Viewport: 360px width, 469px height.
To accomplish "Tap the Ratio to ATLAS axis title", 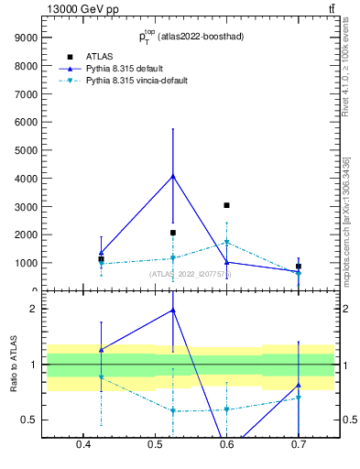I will [15, 365].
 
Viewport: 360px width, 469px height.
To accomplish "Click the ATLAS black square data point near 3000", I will [226, 205].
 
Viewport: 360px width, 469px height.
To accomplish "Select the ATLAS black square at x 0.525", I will [173, 233].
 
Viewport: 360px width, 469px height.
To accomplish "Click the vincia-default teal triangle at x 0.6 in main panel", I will [226, 243].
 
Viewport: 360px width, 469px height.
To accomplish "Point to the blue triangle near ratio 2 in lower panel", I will [173, 310].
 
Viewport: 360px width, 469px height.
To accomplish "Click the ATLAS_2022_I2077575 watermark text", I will [191, 273].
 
